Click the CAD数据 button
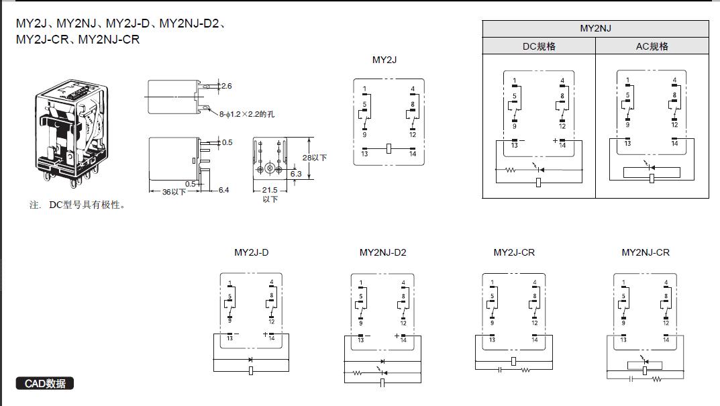[45, 384]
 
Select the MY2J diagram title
[384, 60]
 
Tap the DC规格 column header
[539, 46]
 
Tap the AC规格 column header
[652, 46]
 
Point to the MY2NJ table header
[595, 29]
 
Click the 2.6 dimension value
[226, 86]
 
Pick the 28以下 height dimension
[314, 158]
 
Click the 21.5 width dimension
[270, 191]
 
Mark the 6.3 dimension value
[296, 174]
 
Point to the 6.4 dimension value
[223, 191]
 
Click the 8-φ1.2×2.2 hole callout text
[246, 114]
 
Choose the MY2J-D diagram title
[251, 253]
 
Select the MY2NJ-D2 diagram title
[382, 253]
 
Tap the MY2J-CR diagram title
[514, 253]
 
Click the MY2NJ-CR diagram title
[646, 253]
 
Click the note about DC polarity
[78, 205]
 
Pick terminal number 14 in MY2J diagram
[413, 154]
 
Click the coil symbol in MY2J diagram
[389, 148]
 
